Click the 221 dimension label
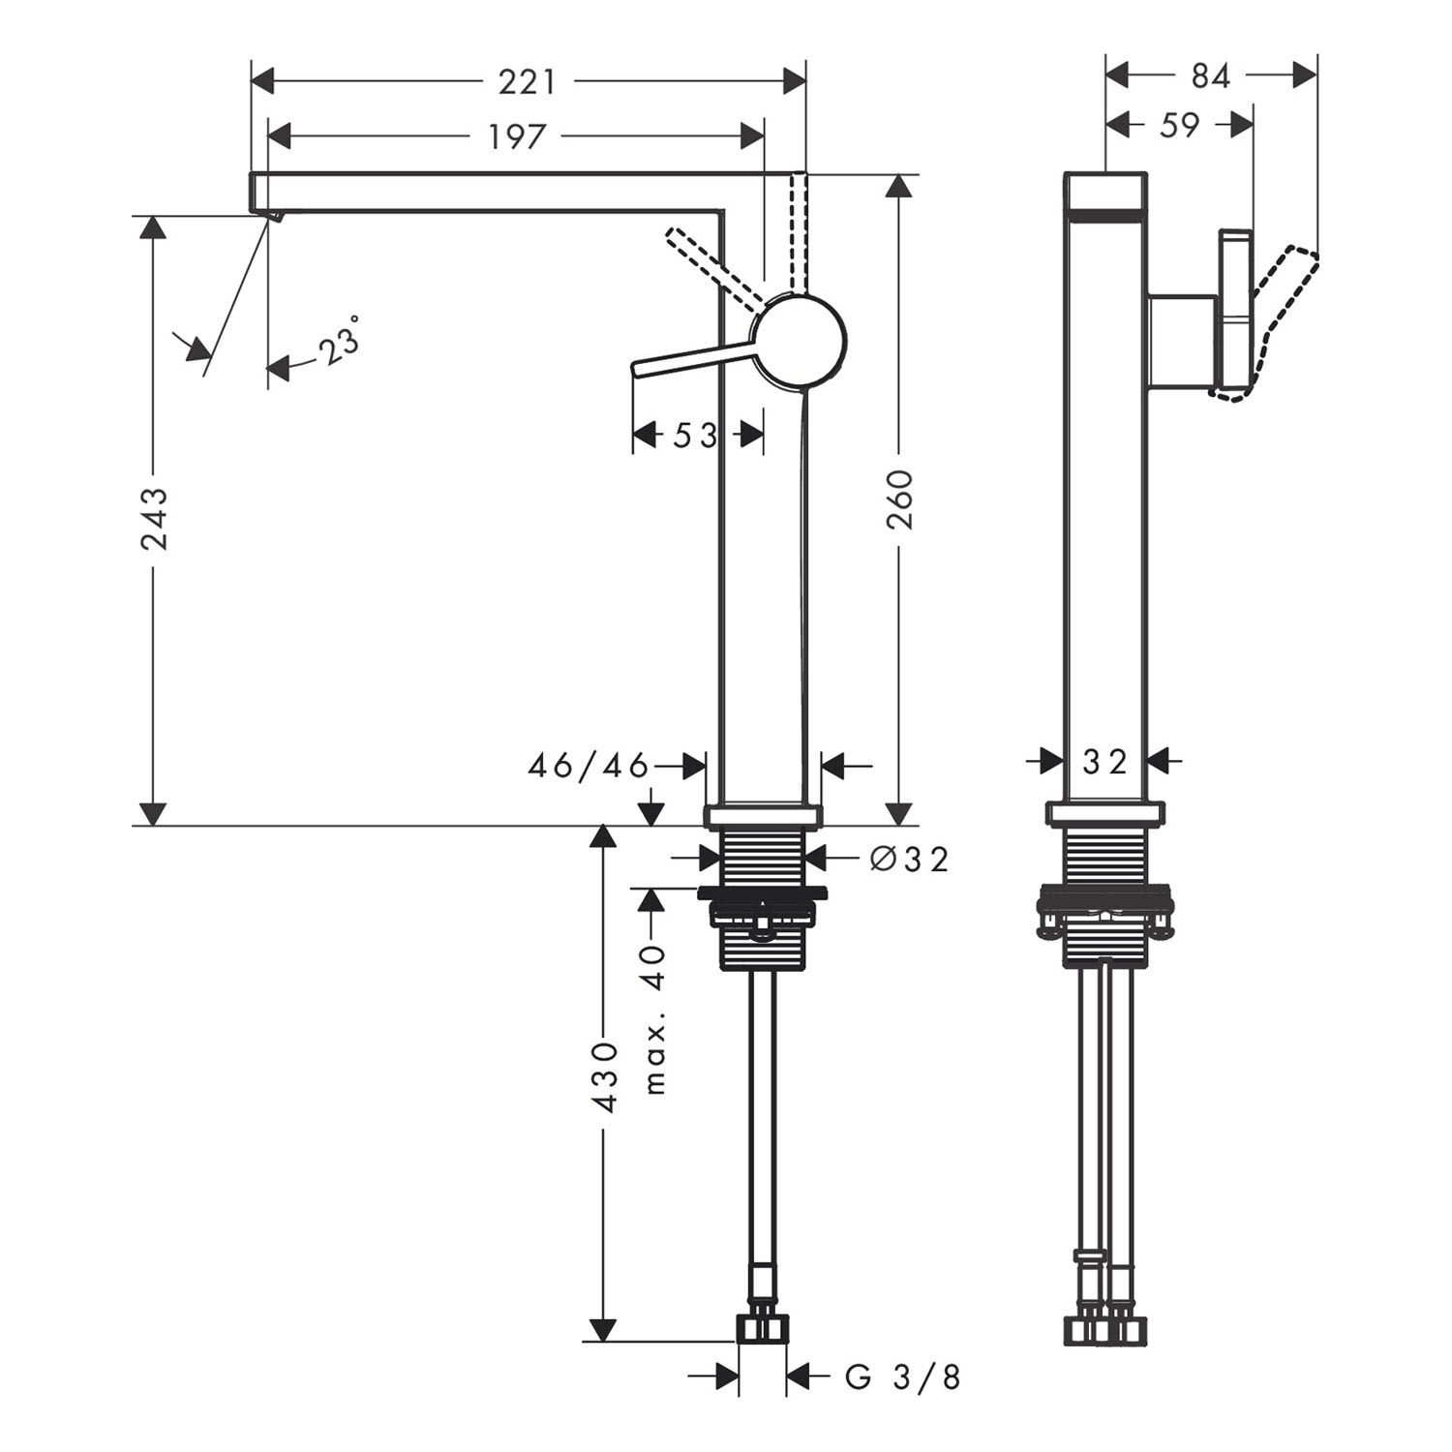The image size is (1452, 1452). (528, 82)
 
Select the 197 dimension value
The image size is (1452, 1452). (517, 137)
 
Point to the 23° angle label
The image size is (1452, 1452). (340, 341)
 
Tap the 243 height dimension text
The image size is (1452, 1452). (154, 519)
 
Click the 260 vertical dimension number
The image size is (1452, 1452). (900, 499)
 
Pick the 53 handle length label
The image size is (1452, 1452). (696, 436)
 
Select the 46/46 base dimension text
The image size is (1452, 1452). (589, 767)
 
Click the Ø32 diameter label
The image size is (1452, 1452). (909, 858)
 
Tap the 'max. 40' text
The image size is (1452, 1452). (656, 1019)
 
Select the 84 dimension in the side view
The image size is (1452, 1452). (1210, 76)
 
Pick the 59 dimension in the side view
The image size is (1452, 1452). (1179, 125)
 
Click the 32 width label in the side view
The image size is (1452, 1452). (1104, 763)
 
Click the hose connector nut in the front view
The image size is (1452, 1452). (763, 1328)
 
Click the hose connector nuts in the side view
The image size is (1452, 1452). (1105, 1329)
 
